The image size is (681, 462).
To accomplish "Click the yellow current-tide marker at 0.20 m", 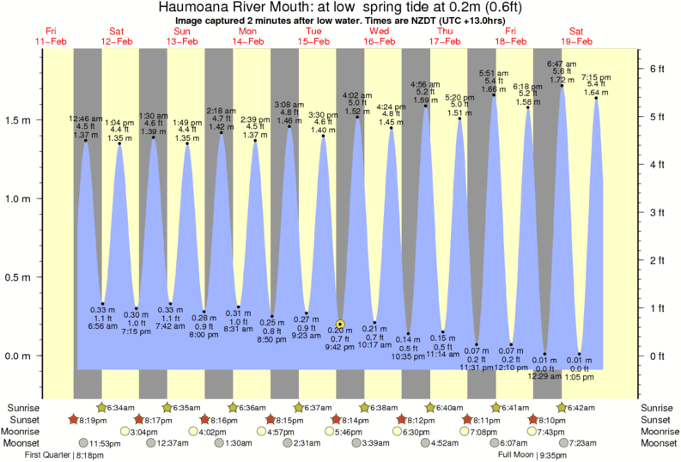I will [340, 324].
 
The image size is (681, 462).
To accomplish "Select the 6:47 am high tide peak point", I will [562, 85].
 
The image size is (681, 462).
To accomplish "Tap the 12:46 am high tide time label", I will [86, 119].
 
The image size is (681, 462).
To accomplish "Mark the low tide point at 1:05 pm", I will [580, 354].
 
